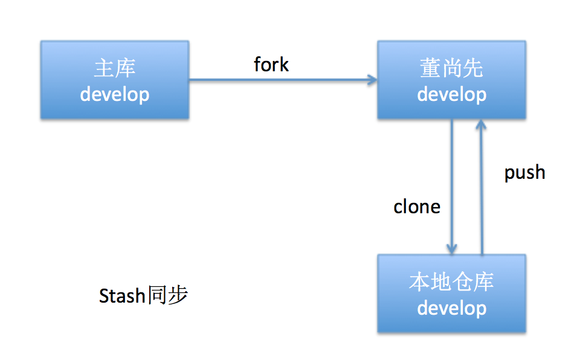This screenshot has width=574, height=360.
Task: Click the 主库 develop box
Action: pyautogui.click(x=115, y=80)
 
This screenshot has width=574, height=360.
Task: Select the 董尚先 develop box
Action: pyautogui.click(x=452, y=80)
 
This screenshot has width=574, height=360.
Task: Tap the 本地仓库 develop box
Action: pyautogui.click(x=452, y=294)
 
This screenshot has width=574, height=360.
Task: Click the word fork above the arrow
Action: pyautogui.click(x=271, y=65)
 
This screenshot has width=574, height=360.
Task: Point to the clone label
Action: pyautogui.click(x=417, y=207)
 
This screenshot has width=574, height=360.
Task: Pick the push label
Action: pyautogui.click(x=525, y=173)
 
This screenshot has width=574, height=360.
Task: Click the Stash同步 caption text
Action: pyautogui.click(x=144, y=295)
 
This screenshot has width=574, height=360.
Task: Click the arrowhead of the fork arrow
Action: pyautogui.click(x=373, y=80)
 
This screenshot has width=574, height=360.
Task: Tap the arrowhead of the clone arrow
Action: pyautogui.click(x=452, y=249)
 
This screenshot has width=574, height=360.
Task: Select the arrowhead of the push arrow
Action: pyautogui.click(x=482, y=124)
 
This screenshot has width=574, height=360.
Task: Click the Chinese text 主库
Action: pyautogui.click(x=115, y=68)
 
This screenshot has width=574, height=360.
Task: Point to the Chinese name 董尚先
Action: pyautogui.click(x=452, y=68)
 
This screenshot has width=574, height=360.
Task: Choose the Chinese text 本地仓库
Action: pyautogui.click(x=452, y=281)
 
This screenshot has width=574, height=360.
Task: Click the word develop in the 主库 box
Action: pyautogui.click(x=115, y=94)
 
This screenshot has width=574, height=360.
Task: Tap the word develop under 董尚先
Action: pyautogui.click(x=452, y=94)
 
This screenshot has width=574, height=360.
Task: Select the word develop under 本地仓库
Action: pyautogui.click(x=452, y=308)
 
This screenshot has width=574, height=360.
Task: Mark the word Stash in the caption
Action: pyautogui.click(x=122, y=295)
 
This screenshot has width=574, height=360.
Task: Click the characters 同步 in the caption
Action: pyautogui.click(x=167, y=295)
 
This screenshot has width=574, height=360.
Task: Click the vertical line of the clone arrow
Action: pyautogui.click(x=452, y=187)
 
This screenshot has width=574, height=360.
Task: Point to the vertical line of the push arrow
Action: pyautogui.click(x=482, y=187)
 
